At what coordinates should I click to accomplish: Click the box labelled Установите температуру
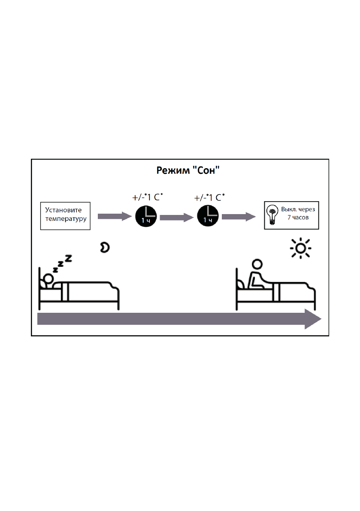click(65, 216)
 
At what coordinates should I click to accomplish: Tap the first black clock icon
click(146, 216)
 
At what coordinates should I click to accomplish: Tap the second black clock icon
click(208, 216)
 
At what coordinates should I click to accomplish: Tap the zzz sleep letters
click(62, 263)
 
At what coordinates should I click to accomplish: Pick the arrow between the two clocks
click(177, 218)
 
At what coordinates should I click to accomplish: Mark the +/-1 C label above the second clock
click(210, 198)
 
